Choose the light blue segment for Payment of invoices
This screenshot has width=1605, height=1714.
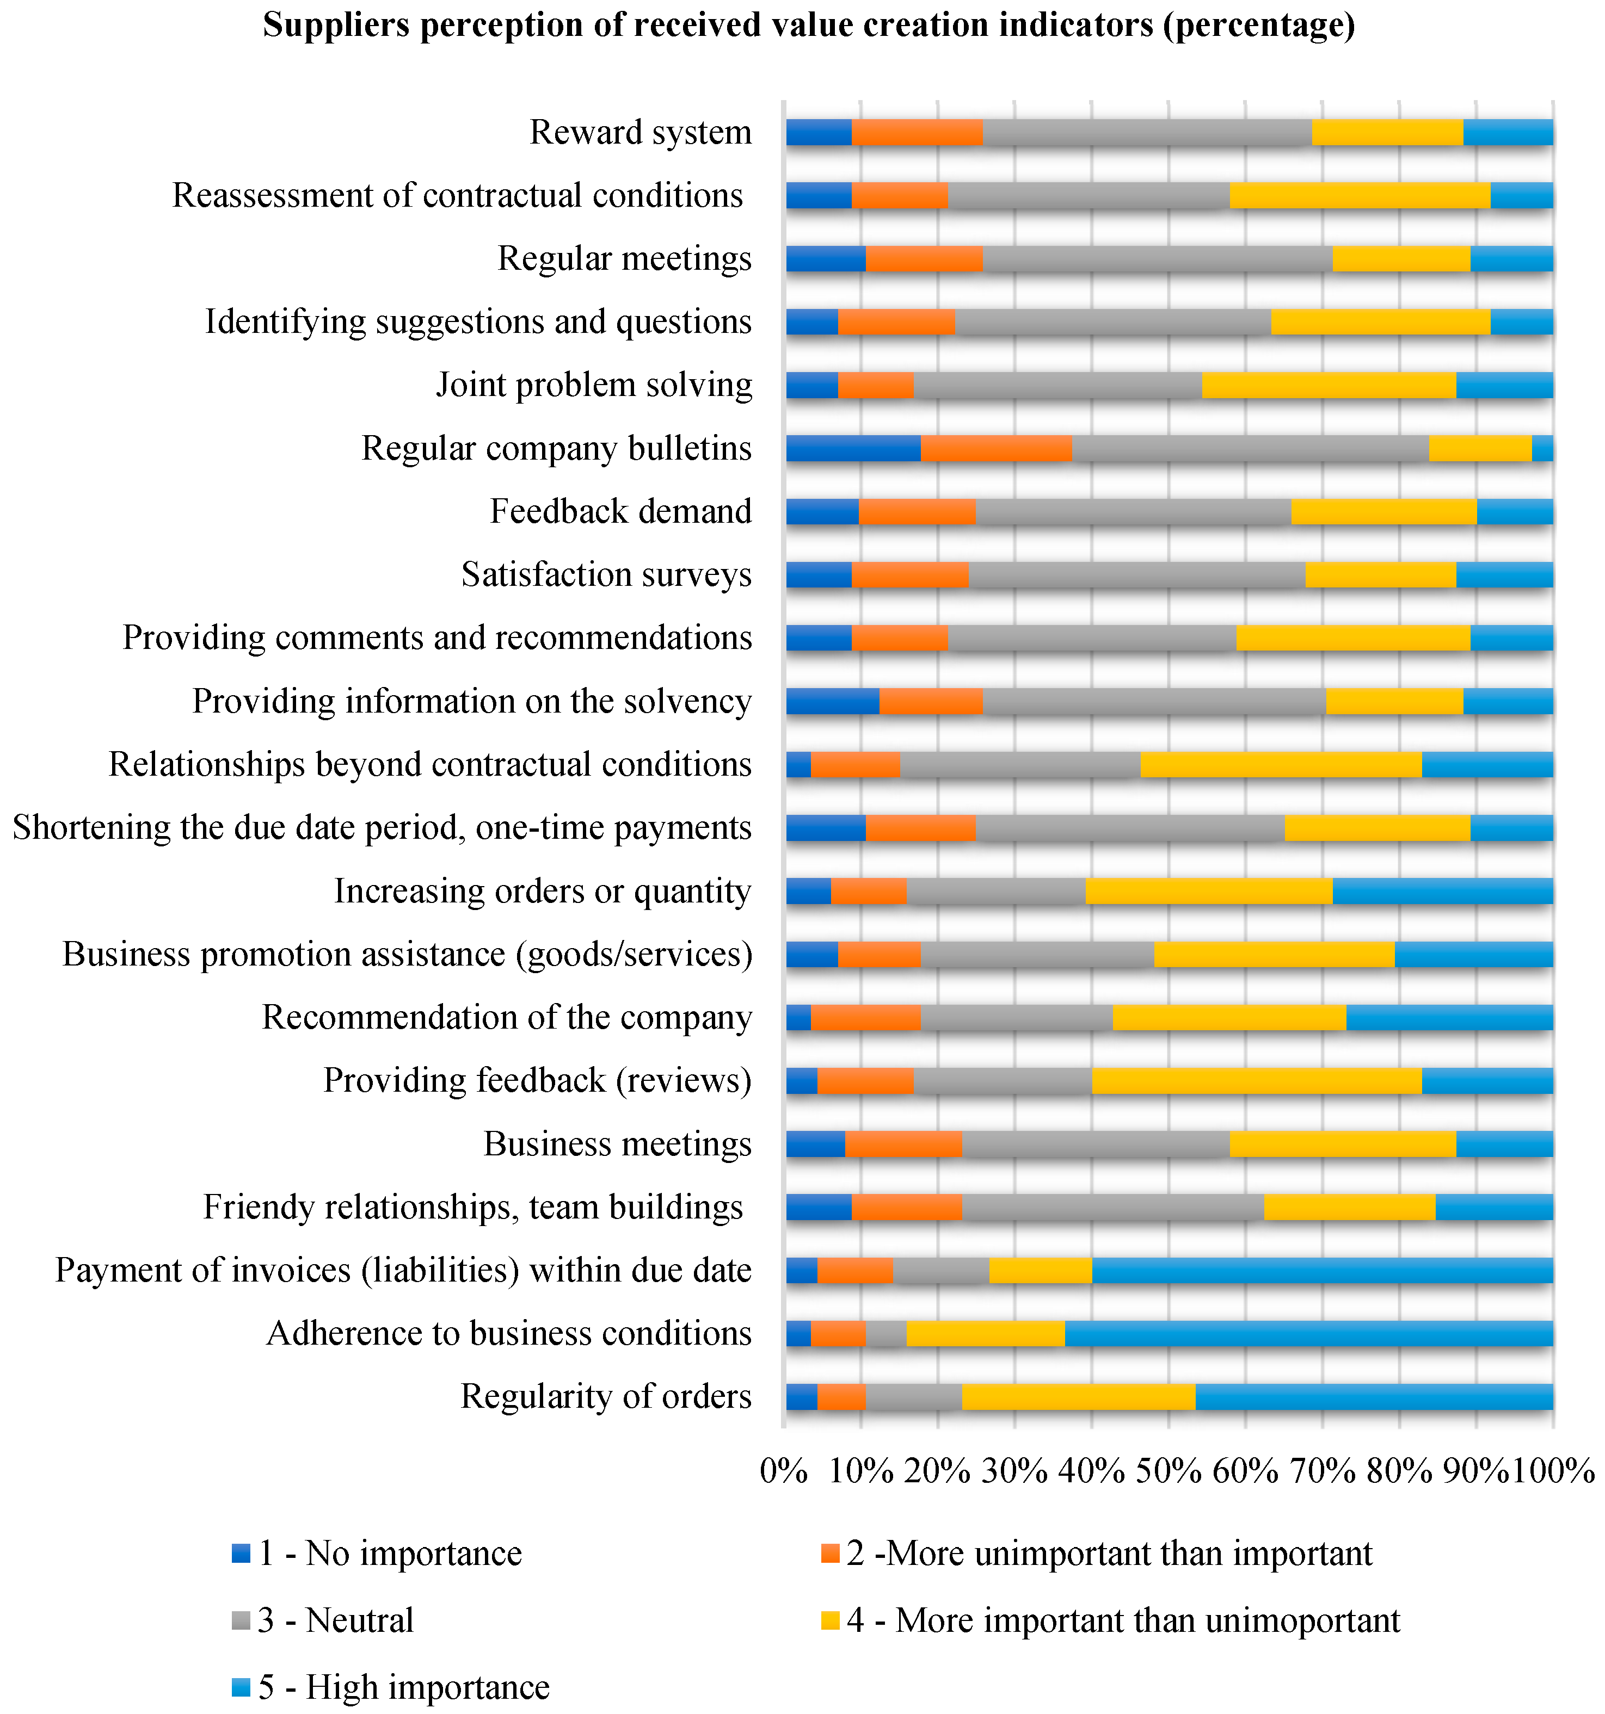click(1322, 1271)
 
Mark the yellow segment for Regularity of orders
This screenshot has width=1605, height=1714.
click(1078, 1397)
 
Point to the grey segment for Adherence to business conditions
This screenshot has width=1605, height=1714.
click(885, 1334)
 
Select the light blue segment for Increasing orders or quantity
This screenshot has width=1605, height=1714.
click(1442, 892)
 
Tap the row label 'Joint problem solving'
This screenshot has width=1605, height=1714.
click(594, 385)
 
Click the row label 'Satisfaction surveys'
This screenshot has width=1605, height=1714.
click(606, 575)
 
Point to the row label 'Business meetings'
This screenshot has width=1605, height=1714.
click(618, 1144)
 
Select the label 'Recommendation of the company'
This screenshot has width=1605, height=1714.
click(507, 1017)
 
